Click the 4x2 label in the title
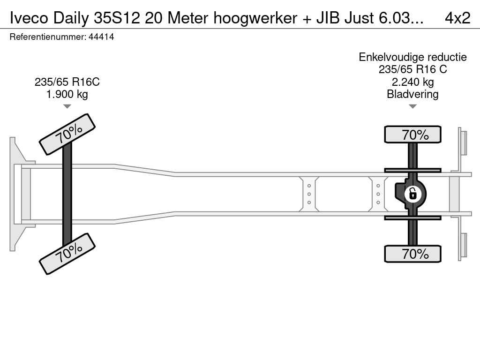click(x=457, y=18)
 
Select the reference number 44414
click(x=101, y=37)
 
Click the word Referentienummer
click(x=47, y=37)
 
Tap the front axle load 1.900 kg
click(x=67, y=94)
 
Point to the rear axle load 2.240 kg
click(x=412, y=82)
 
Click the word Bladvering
click(x=412, y=94)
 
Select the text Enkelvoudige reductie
click(x=412, y=57)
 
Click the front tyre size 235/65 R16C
click(x=67, y=82)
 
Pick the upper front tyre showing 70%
click(x=67, y=134)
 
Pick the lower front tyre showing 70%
click(x=67, y=253)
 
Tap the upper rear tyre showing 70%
click(x=412, y=135)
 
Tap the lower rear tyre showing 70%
click(x=412, y=254)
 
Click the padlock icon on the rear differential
click(x=412, y=193)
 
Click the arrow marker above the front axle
click(x=67, y=106)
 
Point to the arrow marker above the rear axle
click(x=412, y=106)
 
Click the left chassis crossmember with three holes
click(x=309, y=194)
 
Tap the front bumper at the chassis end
click(x=16, y=194)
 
